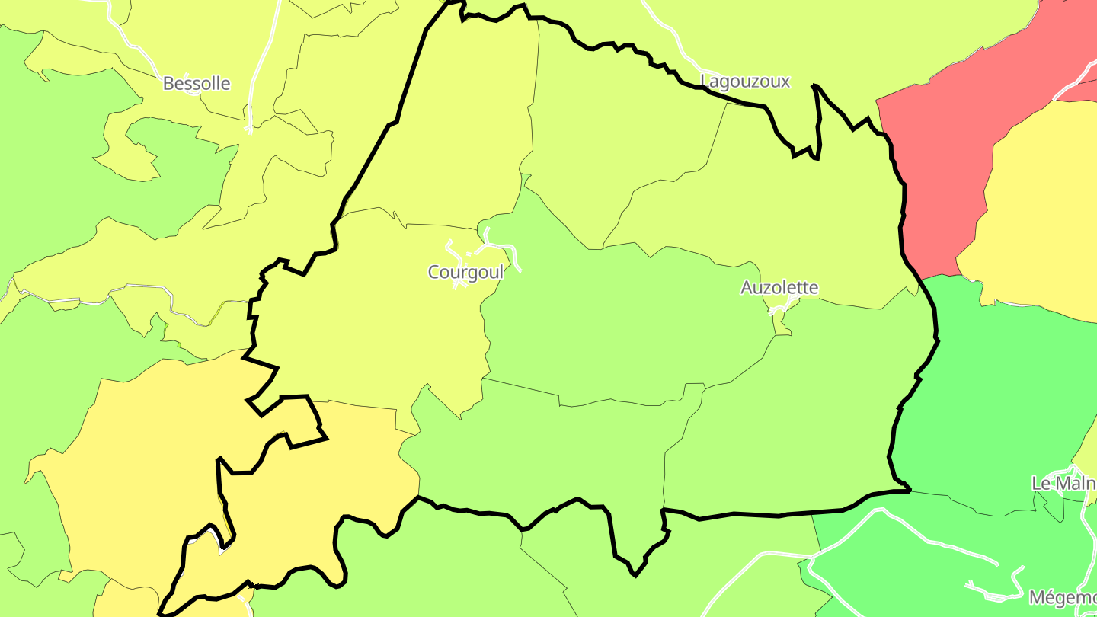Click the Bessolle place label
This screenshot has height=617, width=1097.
coord(197,83)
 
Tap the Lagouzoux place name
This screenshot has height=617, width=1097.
coord(745,81)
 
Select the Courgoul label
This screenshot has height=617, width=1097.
coord(465,272)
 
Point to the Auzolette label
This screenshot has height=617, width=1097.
coord(779,287)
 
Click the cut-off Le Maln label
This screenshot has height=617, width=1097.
coord(1063,483)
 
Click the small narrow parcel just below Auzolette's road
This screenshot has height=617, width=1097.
coord(781,324)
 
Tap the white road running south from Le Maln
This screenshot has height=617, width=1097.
coord(1085,533)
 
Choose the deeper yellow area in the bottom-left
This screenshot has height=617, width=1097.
coord(152,457)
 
